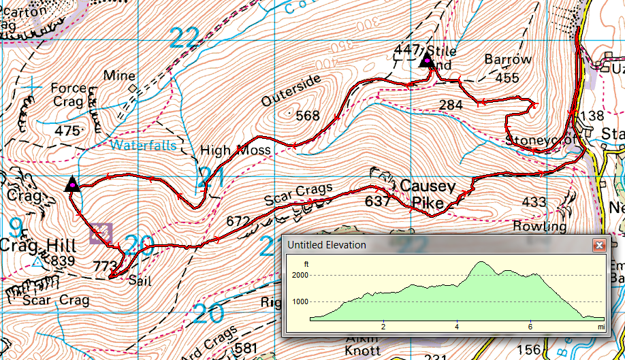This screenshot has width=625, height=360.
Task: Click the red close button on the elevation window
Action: (x=599, y=245)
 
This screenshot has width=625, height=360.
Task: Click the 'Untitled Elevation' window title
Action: (x=326, y=245)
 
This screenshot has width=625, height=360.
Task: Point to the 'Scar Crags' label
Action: (x=298, y=195)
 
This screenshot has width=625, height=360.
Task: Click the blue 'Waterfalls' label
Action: (x=144, y=145)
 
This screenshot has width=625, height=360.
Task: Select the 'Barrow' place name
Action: (x=508, y=60)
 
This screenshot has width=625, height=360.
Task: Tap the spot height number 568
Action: (x=308, y=116)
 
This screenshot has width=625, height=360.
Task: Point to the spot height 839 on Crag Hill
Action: (x=62, y=261)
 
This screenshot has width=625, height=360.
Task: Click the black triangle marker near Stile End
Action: (x=427, y=61)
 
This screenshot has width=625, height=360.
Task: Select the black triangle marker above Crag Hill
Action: (x=71, y=184)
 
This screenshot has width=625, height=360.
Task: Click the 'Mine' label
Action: (x=120, y=76)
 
